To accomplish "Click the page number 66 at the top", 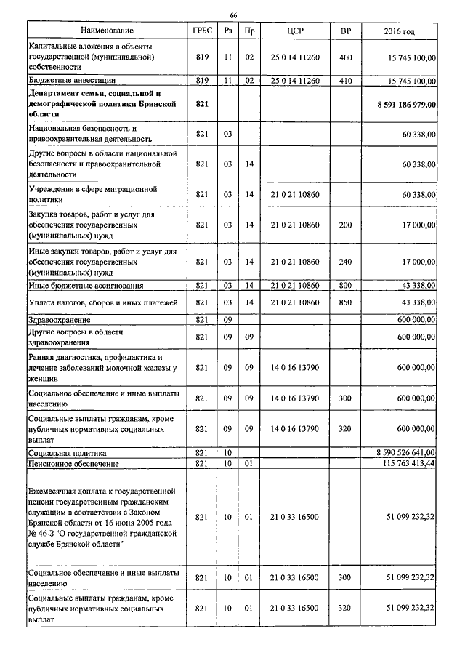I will (233, 15).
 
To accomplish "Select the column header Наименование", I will (107, 31).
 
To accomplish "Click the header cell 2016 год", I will (399, 31).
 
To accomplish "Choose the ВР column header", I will (345, 31).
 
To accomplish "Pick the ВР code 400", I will (345, 56).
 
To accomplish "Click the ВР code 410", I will (345, 80).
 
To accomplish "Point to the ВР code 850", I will (345, 302).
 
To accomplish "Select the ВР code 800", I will (345, 286).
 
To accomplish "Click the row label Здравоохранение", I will (60, 319).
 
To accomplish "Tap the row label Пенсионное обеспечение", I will (73, 463).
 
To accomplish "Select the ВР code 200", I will (345, 225).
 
